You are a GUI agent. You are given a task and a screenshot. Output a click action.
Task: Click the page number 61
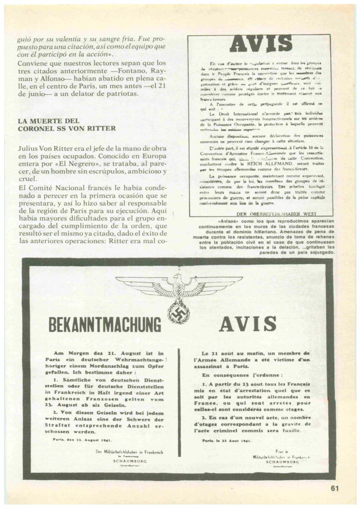[x=334, y=488]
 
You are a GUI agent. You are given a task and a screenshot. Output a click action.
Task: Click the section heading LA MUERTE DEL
[x=48, y=121]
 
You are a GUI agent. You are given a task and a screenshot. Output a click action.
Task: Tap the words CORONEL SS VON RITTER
[x=66, y=128]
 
